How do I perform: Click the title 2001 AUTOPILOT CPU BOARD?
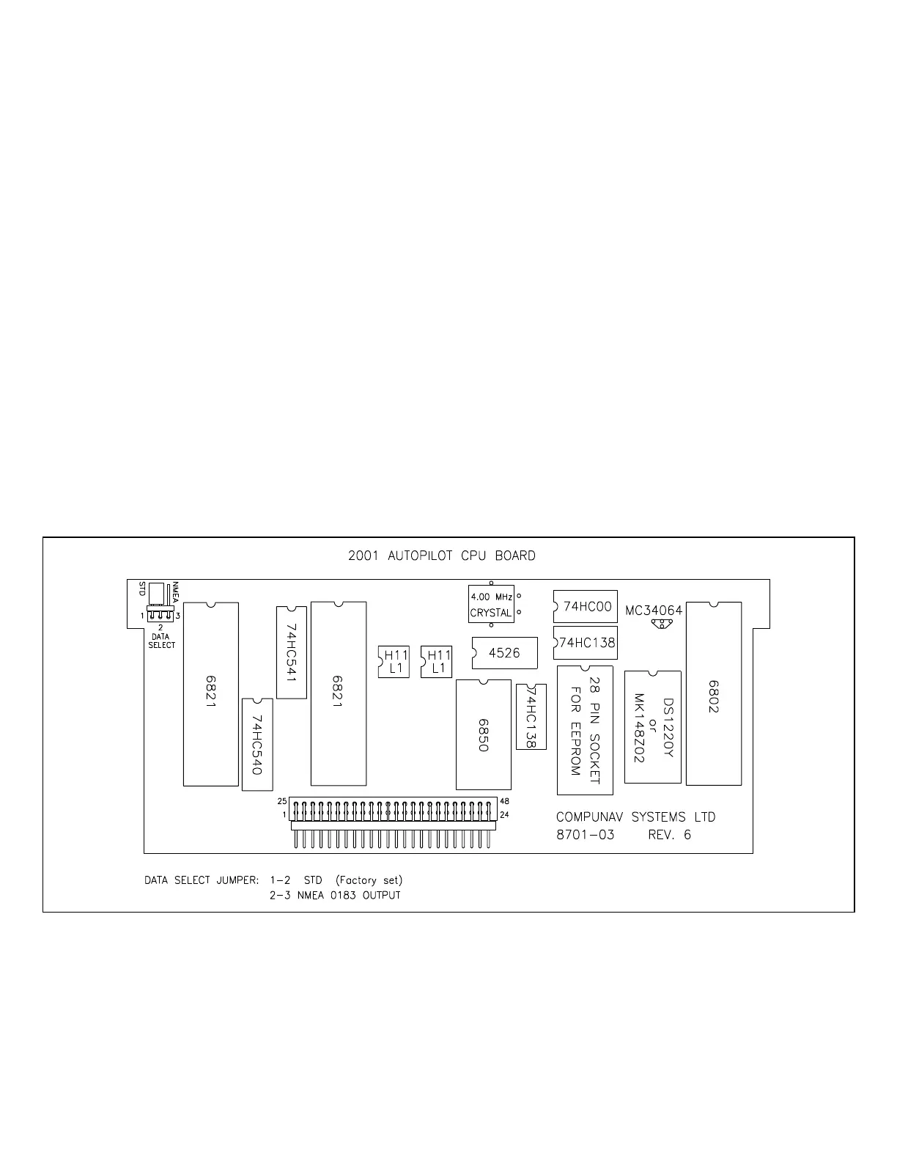441,556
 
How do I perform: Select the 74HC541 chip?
292,652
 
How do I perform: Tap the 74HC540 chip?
257,744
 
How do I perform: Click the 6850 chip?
484,734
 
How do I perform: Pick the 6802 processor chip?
714,693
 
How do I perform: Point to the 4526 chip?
504,653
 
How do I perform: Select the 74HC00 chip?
586,607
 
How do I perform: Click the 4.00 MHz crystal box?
491,605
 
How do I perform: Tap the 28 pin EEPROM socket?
585,730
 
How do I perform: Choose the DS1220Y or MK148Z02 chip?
653,726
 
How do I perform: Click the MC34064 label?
654,610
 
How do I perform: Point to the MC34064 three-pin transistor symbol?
662,624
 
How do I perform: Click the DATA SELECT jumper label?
161,641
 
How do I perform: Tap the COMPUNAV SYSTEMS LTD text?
635,817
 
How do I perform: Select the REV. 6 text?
669,835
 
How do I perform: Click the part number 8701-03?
585,835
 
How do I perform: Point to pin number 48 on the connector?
504,802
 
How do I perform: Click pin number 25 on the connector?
282,802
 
